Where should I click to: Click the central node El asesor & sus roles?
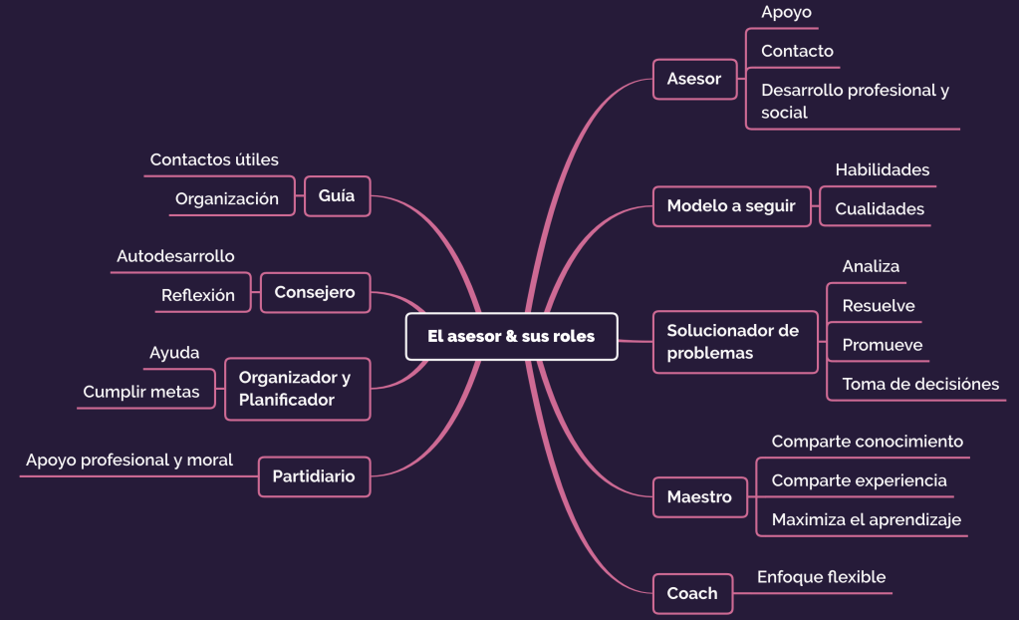tap(511, 336)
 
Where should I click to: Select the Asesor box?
tap(694, 79)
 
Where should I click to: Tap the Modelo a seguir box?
tap(731, 206)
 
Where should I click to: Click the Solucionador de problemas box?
tap(734, 342)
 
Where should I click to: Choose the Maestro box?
tap(699, 496)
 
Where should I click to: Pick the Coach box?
tap(692, 593)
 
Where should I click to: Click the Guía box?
tap(337, 196)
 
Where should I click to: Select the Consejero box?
tap(315, 292)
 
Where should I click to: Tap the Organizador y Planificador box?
tap(296, 389)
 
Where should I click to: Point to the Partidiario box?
tap(314, 476)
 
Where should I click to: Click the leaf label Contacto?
tap(797, 51)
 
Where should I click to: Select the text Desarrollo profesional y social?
tap(855, 101)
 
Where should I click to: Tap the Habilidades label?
tap(882, 169)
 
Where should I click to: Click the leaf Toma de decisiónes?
tap(920, 384)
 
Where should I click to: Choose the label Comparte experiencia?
tap(859, 480)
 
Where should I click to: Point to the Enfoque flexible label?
tap(821, 577)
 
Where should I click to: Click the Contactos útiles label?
tap(214, 159)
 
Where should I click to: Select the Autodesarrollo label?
tap(175, 256)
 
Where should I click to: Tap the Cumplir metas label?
tap(141, 392)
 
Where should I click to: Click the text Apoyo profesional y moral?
tap(129, 460)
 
